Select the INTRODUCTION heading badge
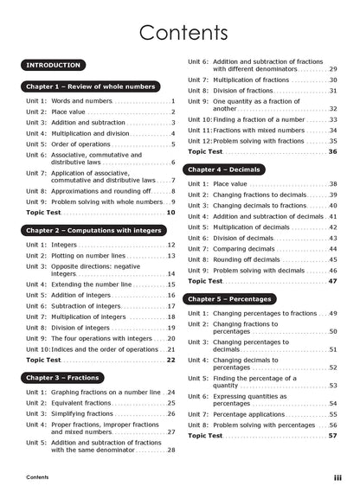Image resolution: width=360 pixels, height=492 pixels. tap(54, 65)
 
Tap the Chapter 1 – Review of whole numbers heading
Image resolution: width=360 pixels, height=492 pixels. tap(91, 86)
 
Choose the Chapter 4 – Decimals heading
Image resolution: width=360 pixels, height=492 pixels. tap(224, 169)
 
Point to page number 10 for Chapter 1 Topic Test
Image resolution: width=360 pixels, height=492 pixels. tap(170, 212)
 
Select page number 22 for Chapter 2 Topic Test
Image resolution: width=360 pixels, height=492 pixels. tap(170, 360)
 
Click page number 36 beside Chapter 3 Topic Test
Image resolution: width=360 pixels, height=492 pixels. tap(333, 151)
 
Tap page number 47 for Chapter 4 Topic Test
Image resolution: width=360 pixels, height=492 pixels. tap(333, 281)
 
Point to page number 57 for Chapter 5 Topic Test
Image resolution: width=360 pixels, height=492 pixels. tap(333, 436)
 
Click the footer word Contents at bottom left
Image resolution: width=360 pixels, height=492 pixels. tap(37, 477)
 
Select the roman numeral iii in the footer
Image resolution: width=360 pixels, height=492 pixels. tap(337, 477)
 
